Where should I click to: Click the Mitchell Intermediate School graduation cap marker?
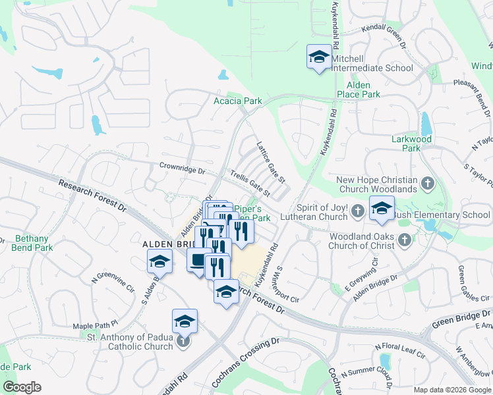[x=319, y=57]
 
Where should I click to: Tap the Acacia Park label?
[x=238, y=101]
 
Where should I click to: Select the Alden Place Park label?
[x=359, y=90]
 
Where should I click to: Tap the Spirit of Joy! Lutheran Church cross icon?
[x=357, y=211]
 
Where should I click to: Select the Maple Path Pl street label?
[x=95, y=325]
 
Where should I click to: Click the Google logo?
[x=22, y=387]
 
